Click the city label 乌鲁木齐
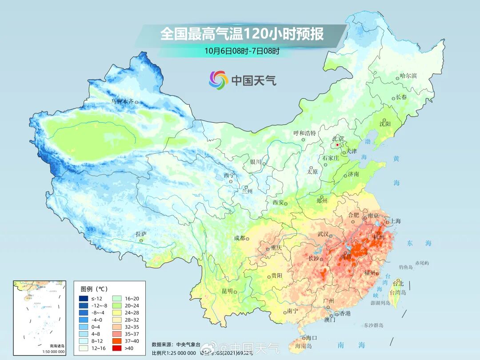pyautogui.click(x=122, y=101)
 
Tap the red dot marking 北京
pyautogui.click(x=337, y=145)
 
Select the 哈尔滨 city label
pyautogui.click(x=408, y=76)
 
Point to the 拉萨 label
pyautogui.click(x=141, y=234)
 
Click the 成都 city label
pyautogui.click(x=240, y=238)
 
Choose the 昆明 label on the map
pyautogui.click(x=227, y=291)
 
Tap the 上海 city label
pyautogui.click(x=395, y=221)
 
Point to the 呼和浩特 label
pyautogui.click(x=304, y=133)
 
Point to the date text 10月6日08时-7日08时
pyautogui.click(x=242, y=51)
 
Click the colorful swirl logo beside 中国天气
pyautogui.click(x=218, y=80)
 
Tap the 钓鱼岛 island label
pyautogui.click(x=406, y=267)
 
